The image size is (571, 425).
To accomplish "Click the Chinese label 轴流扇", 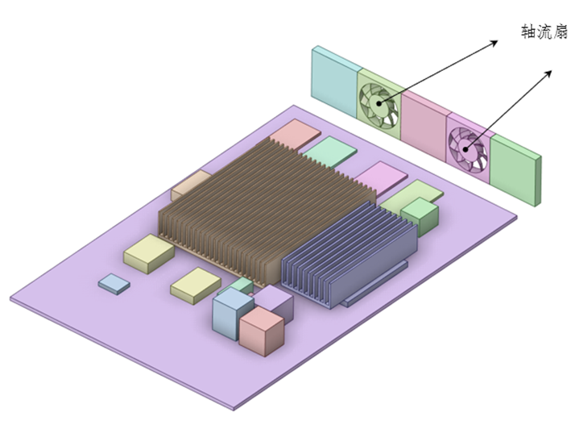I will click(x=544, y=33).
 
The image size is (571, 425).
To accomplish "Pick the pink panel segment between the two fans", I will click(x=424, y=126).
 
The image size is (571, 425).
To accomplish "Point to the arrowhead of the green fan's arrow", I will click(x=495, y=43).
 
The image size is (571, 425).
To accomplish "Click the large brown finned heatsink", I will click(x=258, y=202).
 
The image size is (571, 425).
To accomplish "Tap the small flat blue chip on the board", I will click(x=114, y=282).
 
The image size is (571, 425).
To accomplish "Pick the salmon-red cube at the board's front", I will click(x=262, y=330).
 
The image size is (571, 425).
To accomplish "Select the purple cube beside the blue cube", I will click(x=275, y=302).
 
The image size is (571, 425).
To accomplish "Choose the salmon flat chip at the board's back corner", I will click(x=296, y=132).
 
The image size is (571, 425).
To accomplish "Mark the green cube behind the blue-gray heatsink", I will click(x=420, y=214).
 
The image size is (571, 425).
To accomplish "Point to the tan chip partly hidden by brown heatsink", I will click(x=190, y=183).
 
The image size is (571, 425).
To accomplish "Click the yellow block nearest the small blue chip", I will click(x=149, y=252).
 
